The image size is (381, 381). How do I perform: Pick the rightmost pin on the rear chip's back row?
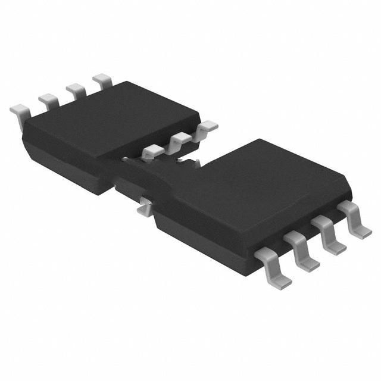click(x=102, y=80)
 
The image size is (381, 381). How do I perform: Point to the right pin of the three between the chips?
click(x=207, y=127)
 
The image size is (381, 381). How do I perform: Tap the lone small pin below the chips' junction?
click(x=143, y=205)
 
